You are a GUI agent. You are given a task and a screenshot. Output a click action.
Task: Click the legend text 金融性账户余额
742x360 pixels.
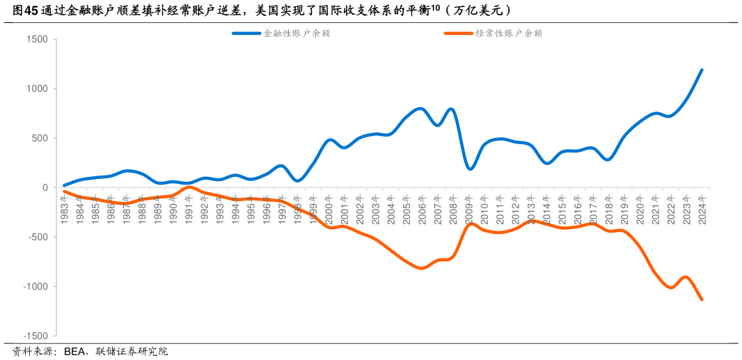296,33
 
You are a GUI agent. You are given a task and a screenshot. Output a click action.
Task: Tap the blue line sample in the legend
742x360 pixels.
246,33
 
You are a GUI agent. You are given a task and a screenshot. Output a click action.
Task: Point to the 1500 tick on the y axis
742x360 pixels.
36,40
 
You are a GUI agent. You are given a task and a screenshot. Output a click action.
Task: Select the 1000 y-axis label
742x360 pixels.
36,89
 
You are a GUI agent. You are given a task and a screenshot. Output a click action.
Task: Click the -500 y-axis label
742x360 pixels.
35,237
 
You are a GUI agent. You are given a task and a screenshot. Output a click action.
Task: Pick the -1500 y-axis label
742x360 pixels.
33,336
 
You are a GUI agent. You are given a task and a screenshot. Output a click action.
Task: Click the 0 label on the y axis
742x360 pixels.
44,188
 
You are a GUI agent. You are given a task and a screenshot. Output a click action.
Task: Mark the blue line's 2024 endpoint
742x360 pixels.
702,70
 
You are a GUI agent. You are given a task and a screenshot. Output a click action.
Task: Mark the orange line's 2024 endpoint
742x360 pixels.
702,299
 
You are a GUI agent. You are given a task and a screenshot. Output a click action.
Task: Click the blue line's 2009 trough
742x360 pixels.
470,169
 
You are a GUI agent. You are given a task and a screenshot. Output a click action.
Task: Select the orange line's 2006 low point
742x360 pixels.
422,268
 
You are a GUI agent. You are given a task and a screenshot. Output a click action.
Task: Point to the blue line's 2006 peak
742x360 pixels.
420,109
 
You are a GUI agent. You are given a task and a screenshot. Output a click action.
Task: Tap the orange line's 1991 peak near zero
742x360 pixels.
189,187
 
